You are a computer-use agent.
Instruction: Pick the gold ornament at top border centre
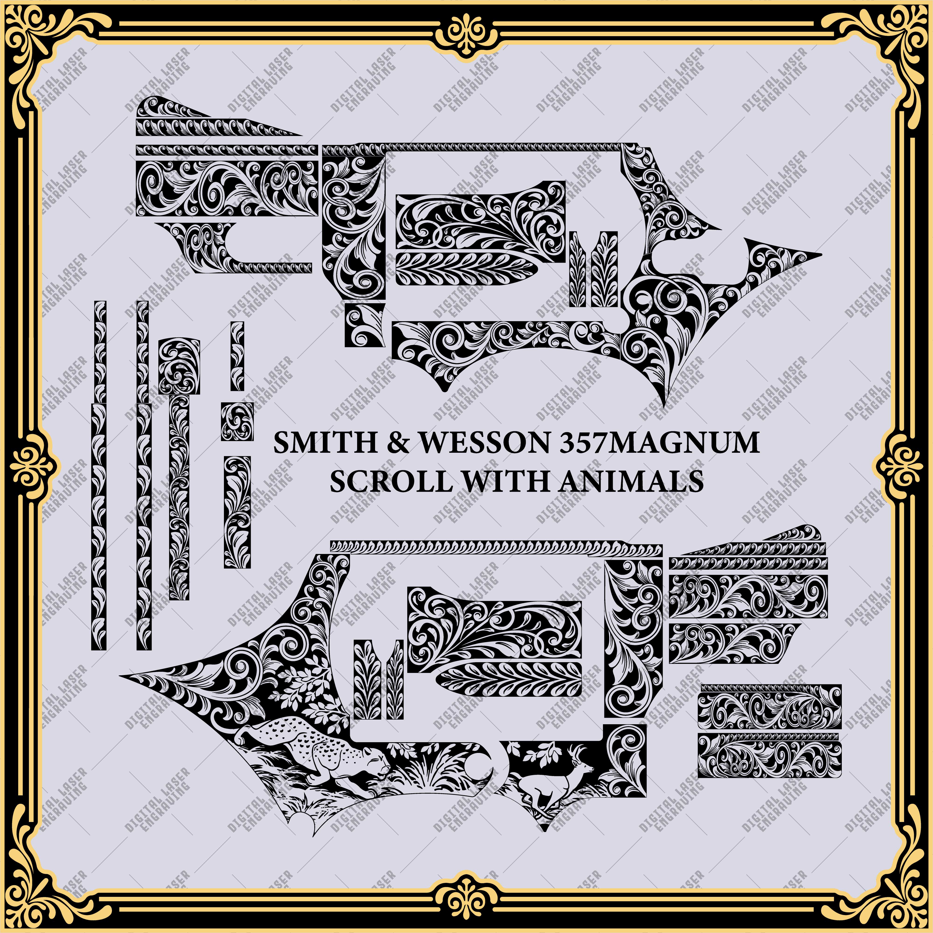click(x=466, y=30)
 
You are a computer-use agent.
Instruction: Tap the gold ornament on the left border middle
click(x=30, y=466)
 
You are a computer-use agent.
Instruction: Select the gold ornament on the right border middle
click(x=903, y=466)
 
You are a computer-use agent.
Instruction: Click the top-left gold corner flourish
click(x=43, y=43)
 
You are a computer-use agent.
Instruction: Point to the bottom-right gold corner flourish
click(x=890, y=890)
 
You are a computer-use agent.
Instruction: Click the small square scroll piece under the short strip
click(x=237, y=421)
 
